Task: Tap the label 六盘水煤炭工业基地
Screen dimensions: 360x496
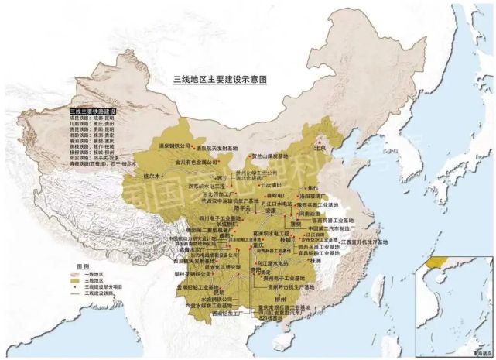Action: pyautogui.click(x=213, y=307)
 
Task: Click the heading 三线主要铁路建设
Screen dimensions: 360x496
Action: pyautogui.click(x=93, y=112)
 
